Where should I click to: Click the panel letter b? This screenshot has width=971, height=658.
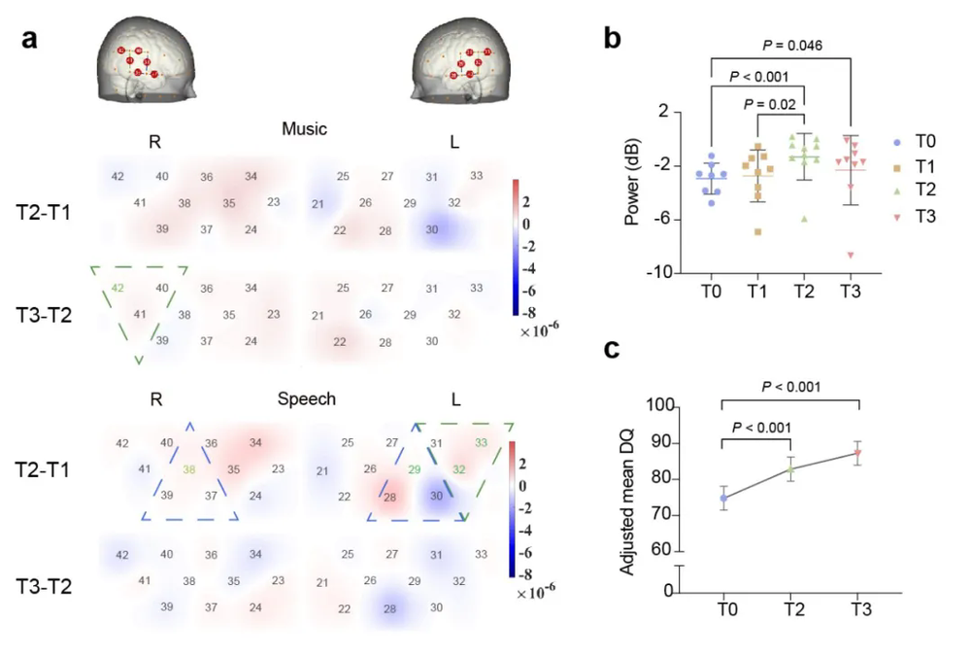[613, 39]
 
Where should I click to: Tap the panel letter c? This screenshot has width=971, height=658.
[613, 349]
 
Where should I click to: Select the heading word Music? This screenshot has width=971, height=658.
[304, 128]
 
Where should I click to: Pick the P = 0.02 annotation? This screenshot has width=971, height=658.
[769, 105]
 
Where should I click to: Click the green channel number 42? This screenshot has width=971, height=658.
[118, 288]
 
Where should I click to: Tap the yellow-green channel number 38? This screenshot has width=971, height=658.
[190, 468]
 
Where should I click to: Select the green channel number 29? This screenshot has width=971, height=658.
[415, 469]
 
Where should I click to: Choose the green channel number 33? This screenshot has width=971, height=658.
[481, 443]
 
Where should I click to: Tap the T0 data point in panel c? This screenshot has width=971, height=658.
[723, 499]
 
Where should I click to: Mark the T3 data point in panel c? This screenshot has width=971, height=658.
[857, 453]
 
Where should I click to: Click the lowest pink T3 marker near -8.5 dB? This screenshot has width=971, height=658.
[851, 256]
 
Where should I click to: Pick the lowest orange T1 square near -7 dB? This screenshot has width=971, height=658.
[755, 231]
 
